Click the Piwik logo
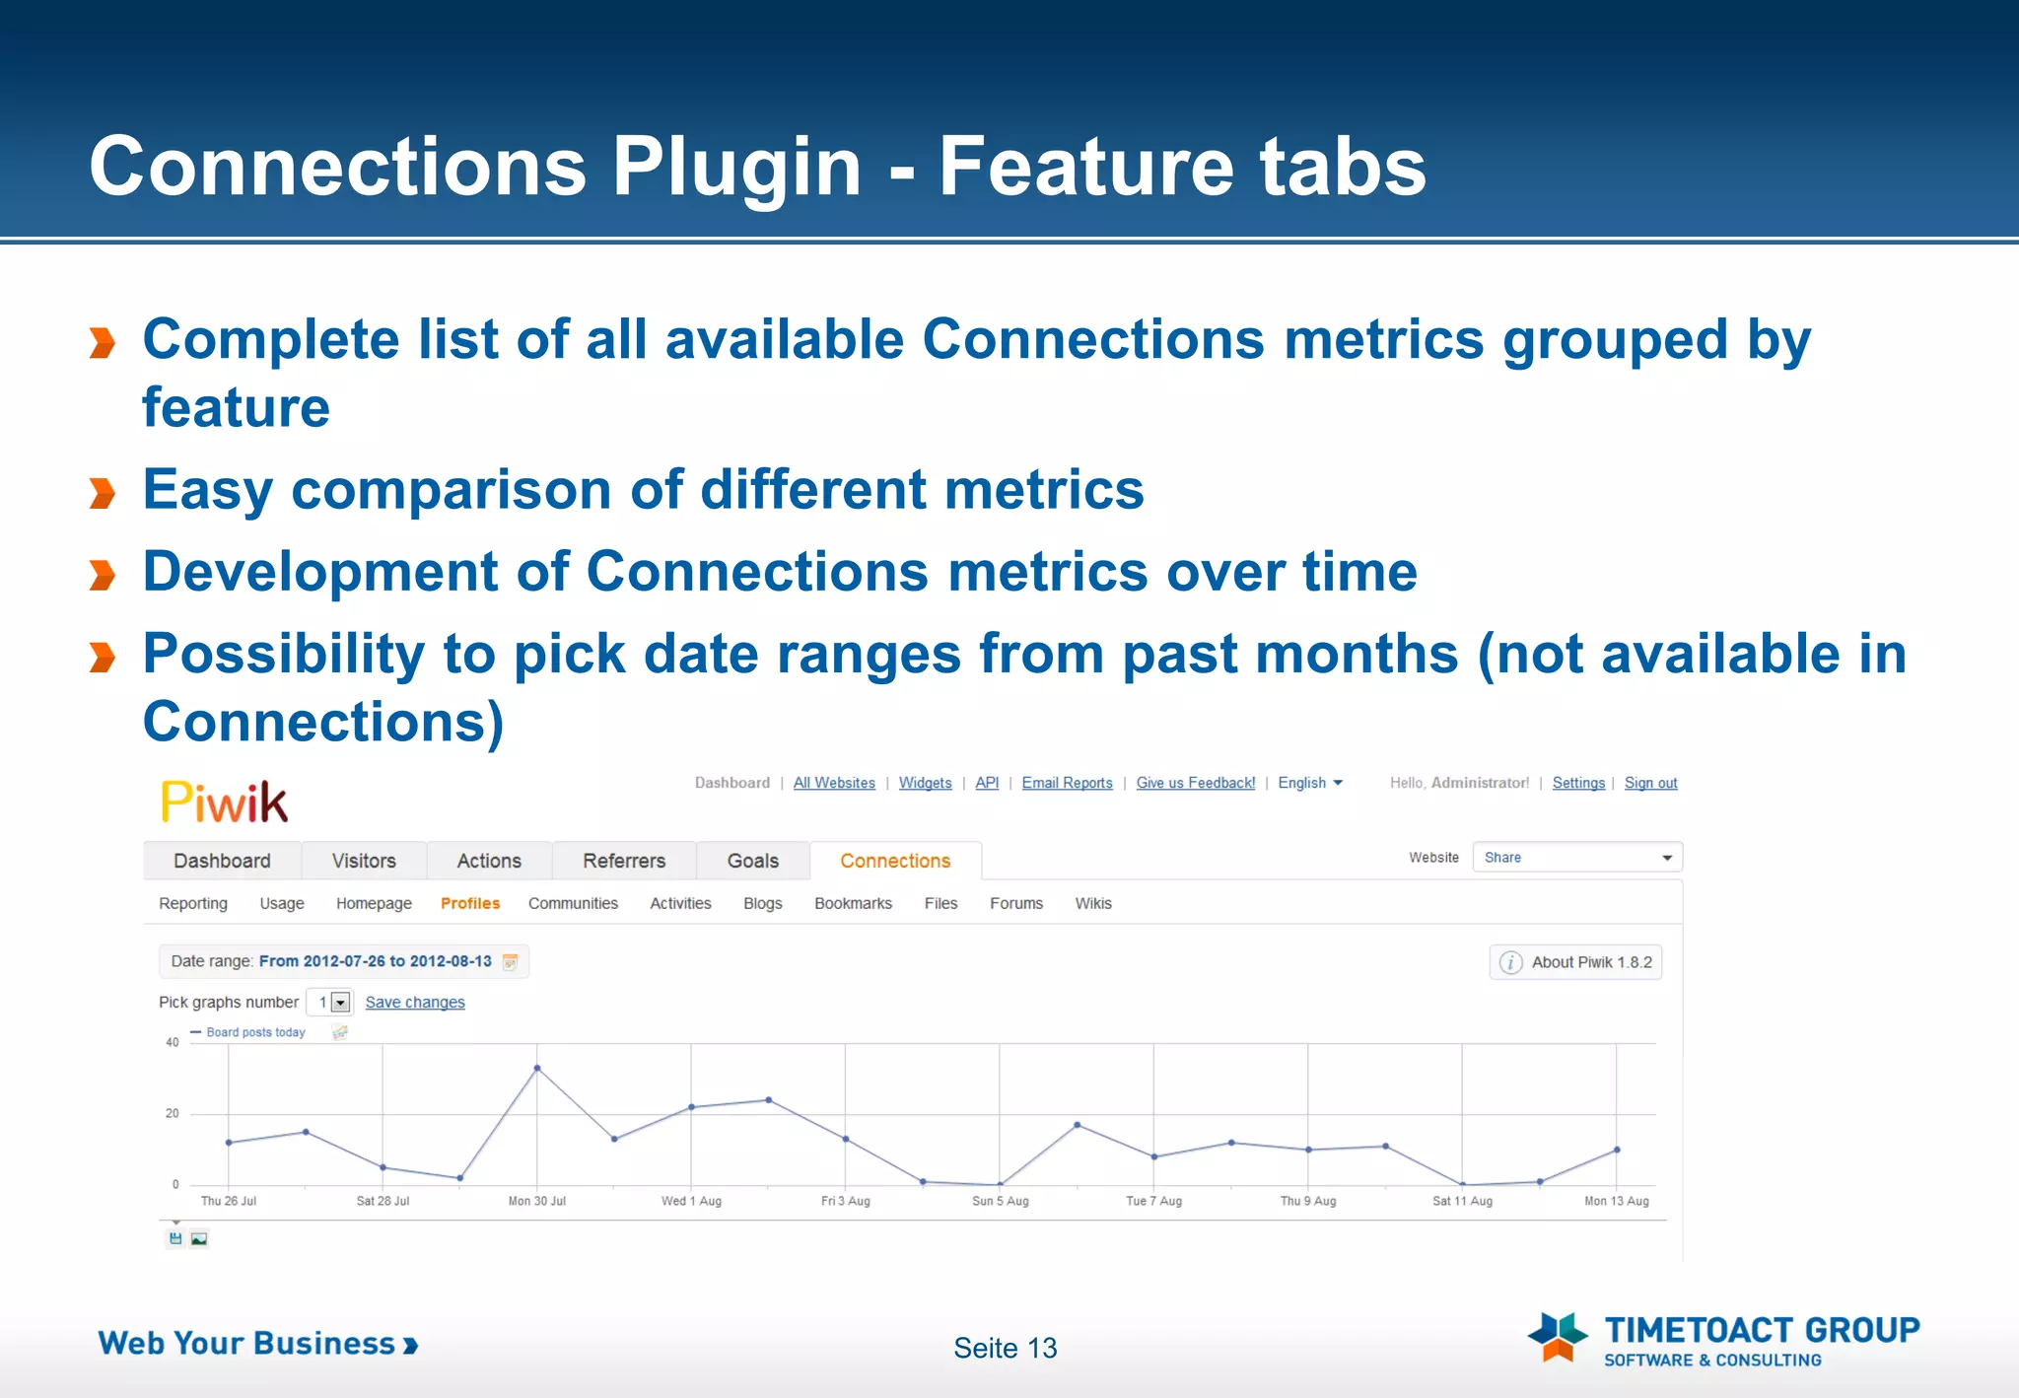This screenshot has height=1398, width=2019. pos(224,802)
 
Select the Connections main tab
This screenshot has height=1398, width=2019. pos(894,861)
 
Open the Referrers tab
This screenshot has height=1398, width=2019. pos(624,861)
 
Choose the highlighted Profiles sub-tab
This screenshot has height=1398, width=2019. pos(469,903)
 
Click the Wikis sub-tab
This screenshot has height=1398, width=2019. pos(1092,903)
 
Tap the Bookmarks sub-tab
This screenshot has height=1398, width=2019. pos(853,903)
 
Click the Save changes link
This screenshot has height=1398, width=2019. pos(415,1002)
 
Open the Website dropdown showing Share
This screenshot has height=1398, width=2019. pos(1576,858)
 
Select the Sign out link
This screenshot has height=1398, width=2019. pos(1650,783)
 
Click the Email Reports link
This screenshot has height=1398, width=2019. pos(1067,783)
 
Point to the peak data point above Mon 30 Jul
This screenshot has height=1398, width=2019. pos(537,1068)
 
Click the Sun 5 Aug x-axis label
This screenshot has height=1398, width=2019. pos(1000,1201)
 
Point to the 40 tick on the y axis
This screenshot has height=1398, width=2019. pos(173,1042)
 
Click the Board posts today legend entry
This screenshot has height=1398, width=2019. pos(255,1032)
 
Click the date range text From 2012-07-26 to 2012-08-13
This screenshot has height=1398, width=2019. pos(375,961)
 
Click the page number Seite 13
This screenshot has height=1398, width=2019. pos(1005,1348)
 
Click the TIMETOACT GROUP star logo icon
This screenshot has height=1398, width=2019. pos(1557,1337)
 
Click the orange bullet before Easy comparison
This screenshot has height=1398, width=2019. pos(103,492)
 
